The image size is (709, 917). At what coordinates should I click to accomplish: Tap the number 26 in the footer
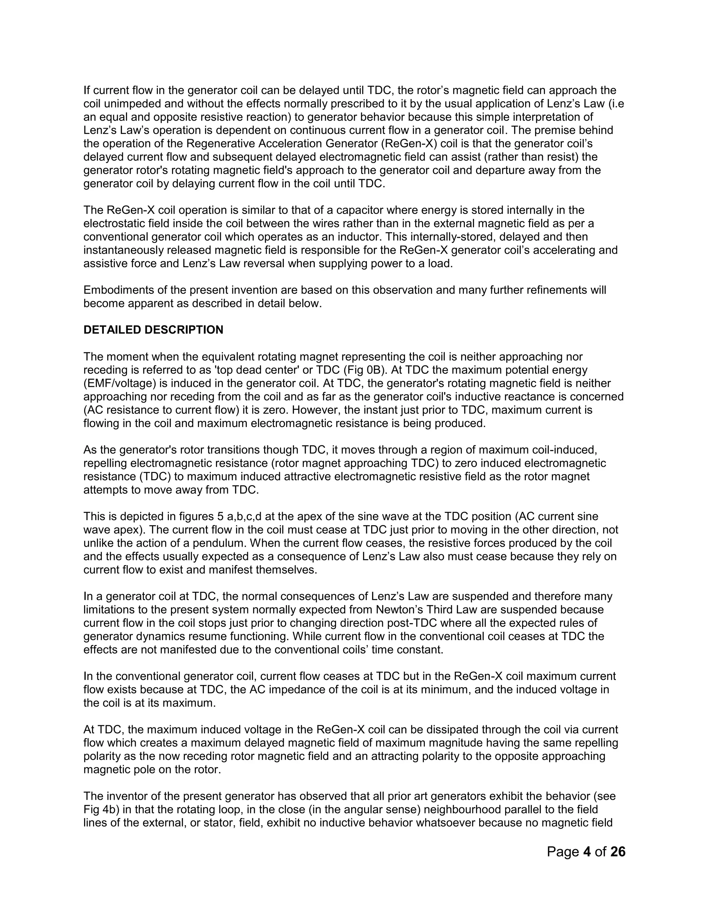pos(618,852)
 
